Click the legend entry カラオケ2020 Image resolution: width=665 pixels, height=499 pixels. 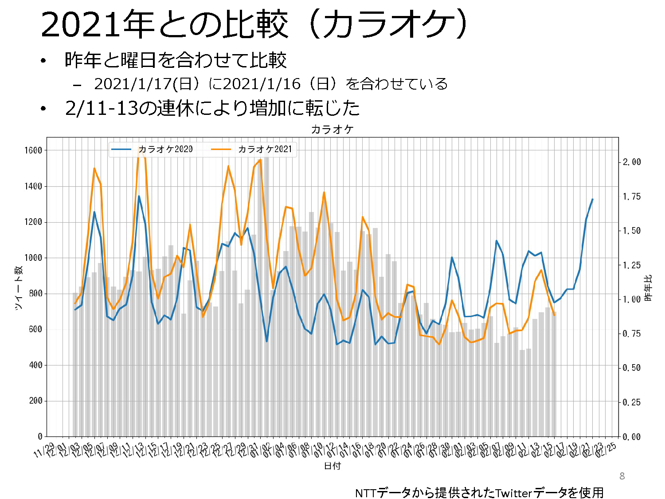point(165,149)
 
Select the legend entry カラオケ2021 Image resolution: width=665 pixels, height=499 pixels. point(265,149)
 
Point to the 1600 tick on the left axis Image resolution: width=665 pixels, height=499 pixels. point(33,150)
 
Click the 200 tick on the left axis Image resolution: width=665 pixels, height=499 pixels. point(35,401)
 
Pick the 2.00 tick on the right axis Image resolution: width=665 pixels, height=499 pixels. point(632,162)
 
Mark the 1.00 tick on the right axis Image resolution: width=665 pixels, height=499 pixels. point(632,300)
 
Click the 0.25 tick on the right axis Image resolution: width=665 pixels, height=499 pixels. point(632,403)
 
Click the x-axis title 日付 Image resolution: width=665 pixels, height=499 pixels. point(332,466)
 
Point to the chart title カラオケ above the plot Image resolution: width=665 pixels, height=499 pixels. point(332,130)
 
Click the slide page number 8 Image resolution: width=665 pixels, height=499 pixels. point(622,476)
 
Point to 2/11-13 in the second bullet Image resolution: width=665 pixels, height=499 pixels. point(101,108)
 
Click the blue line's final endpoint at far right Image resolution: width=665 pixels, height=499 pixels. point(593,199)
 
